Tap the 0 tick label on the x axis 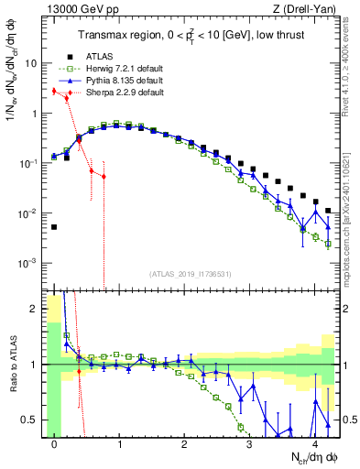coord(55,443)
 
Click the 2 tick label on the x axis coord(184,443)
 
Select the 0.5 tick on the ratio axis coord(32,420)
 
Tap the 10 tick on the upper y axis coord(34,65)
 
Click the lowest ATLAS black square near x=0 coord(54,227)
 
